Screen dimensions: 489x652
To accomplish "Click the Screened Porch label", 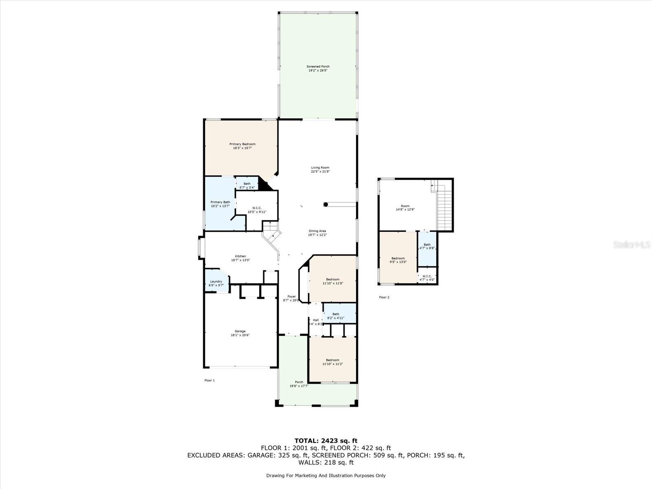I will pyautogui.click(x=318, y=66).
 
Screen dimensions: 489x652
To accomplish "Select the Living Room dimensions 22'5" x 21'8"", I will pyautogui.click(x=320, y=172).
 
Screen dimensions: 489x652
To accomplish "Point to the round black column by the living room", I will pyautogui.click(x=326, y=204).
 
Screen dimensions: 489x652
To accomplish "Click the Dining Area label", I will pyautogui.click(x=317, y=231).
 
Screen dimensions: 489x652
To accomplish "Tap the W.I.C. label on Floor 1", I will pyautogui.click(x=257, y=208).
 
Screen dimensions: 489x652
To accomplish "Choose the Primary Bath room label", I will pyautogui.click(x=220, y=202).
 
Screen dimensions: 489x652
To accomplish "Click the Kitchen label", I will pyautogui.click(x=240, y=256).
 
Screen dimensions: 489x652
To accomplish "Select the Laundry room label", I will pyautogui.click(x=216, y=282).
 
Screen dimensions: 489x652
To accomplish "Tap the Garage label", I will pyautogui.click(x=240, y=331).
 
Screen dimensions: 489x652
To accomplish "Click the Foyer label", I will pyautogui.click(x=291, y=297).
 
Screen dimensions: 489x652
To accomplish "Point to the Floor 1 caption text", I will pyautogui.click(x=209, y=380).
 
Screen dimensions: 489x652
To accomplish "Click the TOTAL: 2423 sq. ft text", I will pyautogui.click(x=326, y=441).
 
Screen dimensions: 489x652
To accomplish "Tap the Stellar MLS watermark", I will pyautogui.click(x=632, y=245).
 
